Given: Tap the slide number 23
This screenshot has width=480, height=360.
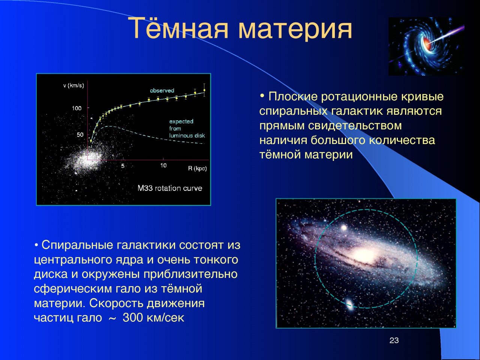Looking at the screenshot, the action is [394, 340].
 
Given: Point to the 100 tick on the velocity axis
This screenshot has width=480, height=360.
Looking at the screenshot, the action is [76, 108].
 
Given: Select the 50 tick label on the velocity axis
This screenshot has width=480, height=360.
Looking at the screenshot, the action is [80, 135].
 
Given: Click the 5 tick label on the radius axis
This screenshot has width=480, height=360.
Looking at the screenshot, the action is [123, 166].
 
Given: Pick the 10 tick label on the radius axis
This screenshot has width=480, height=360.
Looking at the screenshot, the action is [163, 165].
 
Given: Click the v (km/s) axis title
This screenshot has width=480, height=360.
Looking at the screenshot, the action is [73, 85].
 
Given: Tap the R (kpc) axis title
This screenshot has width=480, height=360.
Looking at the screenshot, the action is [198, 168].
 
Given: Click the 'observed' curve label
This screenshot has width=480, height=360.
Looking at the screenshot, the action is [162, 90].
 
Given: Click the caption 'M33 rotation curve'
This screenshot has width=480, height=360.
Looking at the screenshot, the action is [170, 188].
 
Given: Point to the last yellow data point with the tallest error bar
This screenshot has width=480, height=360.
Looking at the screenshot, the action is [204, 90].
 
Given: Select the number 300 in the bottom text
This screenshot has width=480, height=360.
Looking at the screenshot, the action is [133, 317].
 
